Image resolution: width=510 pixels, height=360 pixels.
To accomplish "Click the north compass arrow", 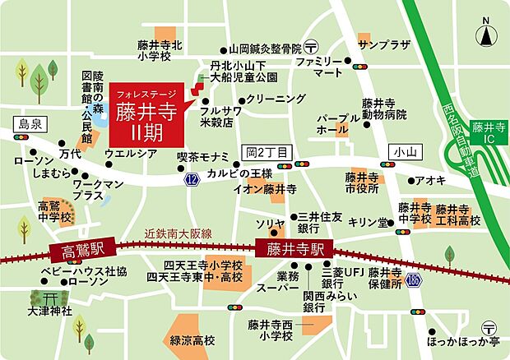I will point(486,35).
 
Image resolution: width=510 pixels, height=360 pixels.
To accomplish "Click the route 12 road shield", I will point(192,179).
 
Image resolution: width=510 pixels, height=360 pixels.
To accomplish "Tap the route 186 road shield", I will point(414,280).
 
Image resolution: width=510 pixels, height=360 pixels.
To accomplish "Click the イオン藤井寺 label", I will point(265,189).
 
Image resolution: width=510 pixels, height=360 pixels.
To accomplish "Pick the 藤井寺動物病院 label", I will point(384,108).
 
